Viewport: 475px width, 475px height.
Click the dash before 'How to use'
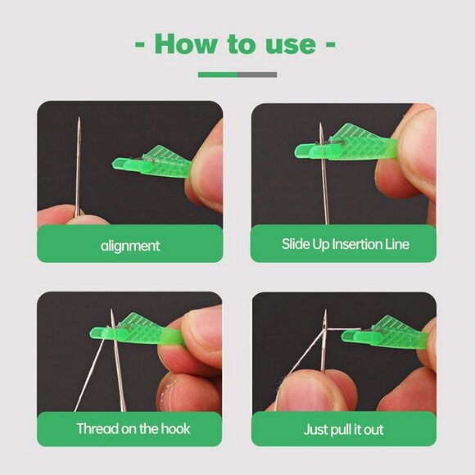click(x=138, y=43)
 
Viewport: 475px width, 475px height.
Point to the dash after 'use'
click(x=330, y=43)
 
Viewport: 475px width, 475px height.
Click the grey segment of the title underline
click(x=257, y=75)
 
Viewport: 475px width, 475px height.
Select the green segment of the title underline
click(x=218, y=75)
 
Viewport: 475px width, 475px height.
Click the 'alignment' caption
click(x=130, y=244)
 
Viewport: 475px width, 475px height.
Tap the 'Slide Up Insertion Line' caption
click(x=345, y=244)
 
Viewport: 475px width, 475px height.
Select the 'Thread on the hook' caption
click(x=129, y=429)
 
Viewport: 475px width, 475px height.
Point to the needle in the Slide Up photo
click(x=325, y=180)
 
